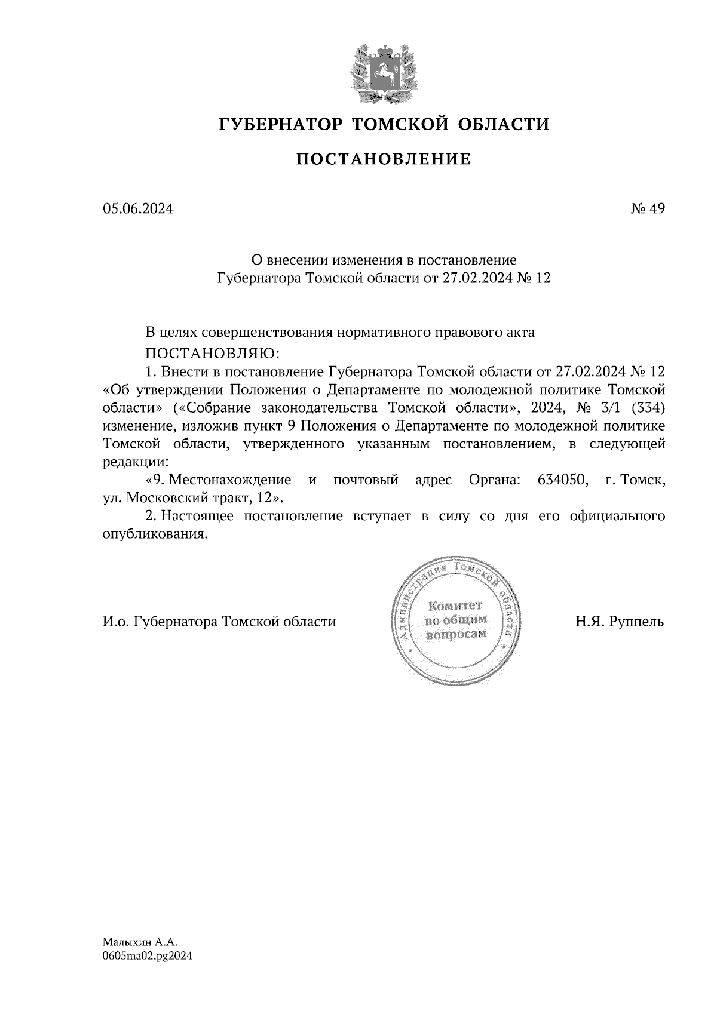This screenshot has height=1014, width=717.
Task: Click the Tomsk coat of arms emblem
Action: pyautogui.click(x=384, y=72)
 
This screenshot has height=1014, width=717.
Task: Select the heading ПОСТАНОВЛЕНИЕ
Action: pyautogui.click(x=384, y=159)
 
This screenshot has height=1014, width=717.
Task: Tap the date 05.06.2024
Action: pyautogui.click(x=138, y=208)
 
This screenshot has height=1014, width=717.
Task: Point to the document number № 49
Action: pyautogui.click(x=648, y=208)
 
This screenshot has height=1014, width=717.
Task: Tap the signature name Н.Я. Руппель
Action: pyautogui.click(x=620, y=622)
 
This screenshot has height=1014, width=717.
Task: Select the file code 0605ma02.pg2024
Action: pyautogui.click(x=148, y=955)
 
